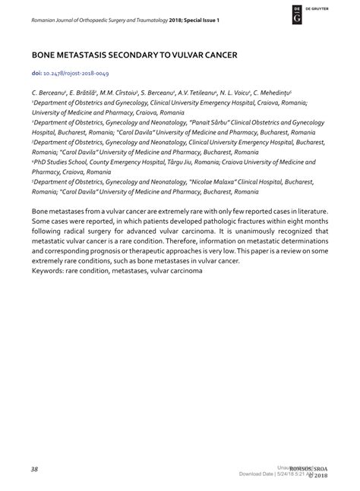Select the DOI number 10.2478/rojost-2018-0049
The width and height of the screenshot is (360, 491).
tap(77, 74)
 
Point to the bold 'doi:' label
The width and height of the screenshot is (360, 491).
tap(37, 74)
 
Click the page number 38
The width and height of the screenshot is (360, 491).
tap(35, 468)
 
